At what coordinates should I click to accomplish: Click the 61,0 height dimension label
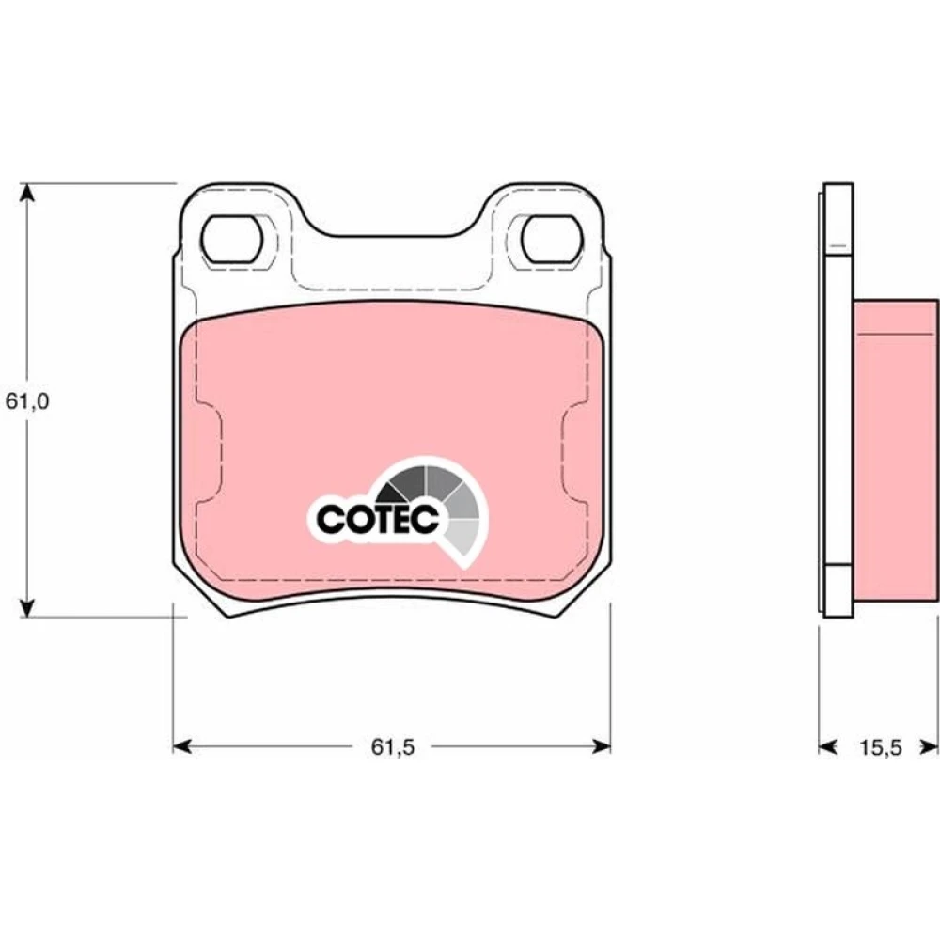(27, 401)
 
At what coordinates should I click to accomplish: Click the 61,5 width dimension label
(393, 747)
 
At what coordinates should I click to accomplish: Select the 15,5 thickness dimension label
(881, 747)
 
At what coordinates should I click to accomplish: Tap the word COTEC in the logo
(378, 519)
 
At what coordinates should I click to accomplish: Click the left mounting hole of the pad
(232, 239)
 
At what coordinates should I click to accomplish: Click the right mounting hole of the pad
(552, 239)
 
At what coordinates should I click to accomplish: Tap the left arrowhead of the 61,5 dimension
(182, 746)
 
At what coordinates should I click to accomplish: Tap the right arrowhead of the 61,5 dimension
(602, 746)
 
